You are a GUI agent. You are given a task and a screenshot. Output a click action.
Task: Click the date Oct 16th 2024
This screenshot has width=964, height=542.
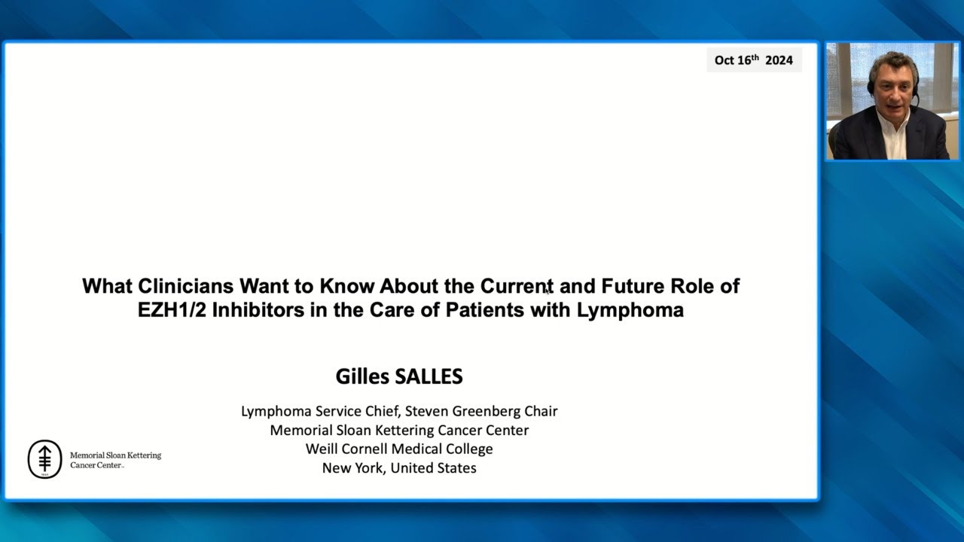pyautogui.click(x=754, y=60)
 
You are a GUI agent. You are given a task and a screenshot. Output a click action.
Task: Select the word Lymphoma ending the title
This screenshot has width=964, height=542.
pyautogui.click(x=630, y=310)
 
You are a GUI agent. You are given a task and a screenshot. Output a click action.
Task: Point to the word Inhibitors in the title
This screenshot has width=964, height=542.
pyautogui.click(x=258, y=310)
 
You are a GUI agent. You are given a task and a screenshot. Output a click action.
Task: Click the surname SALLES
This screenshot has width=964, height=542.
pyautogui.click(x=427, y=376)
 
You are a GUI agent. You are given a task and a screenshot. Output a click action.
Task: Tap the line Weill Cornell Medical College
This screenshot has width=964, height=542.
pyautogui.click(x=399, y=449)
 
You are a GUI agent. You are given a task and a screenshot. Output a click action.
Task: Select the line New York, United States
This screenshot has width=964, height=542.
pyautogui.click(x=399, y=467)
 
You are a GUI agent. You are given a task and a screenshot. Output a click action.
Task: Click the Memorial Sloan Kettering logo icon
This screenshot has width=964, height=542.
pyautogui.click(x=44, y=459)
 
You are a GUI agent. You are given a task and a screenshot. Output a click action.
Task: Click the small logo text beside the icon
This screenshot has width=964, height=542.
pyautogui.click(x=115, y=460)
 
